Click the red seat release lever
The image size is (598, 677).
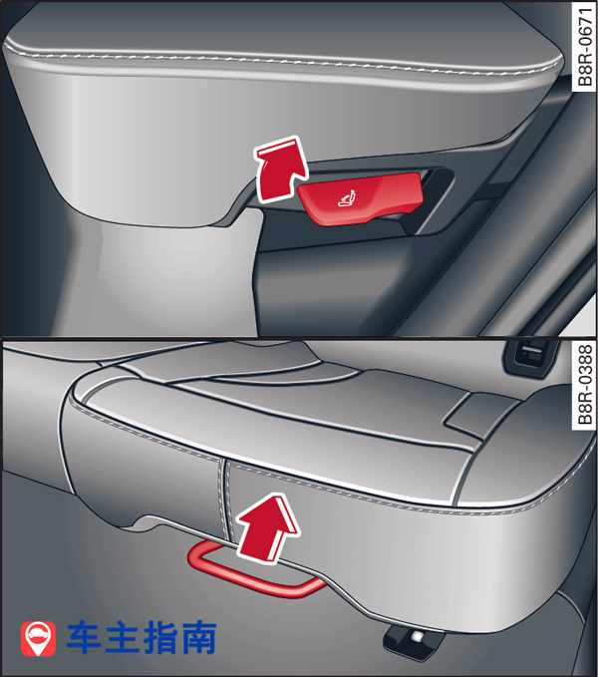click(x=360, y=198)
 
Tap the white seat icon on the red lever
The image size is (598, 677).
click(x=347, y=197)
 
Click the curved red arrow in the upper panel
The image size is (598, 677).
click(x=281, y=169)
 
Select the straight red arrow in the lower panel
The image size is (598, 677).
click(x=267, y=528)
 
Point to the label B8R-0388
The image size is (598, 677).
click(x=585, y=385)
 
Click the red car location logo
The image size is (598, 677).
click(x=38, y=638)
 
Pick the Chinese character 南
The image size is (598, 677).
click(x=198, y=637)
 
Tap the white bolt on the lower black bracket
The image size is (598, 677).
click(x=418, y=637)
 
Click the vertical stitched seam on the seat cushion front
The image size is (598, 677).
click(x=224, y=497)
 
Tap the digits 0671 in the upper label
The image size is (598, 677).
click(x=585, y=26)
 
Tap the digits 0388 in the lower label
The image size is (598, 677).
click(x=585, y=364)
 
